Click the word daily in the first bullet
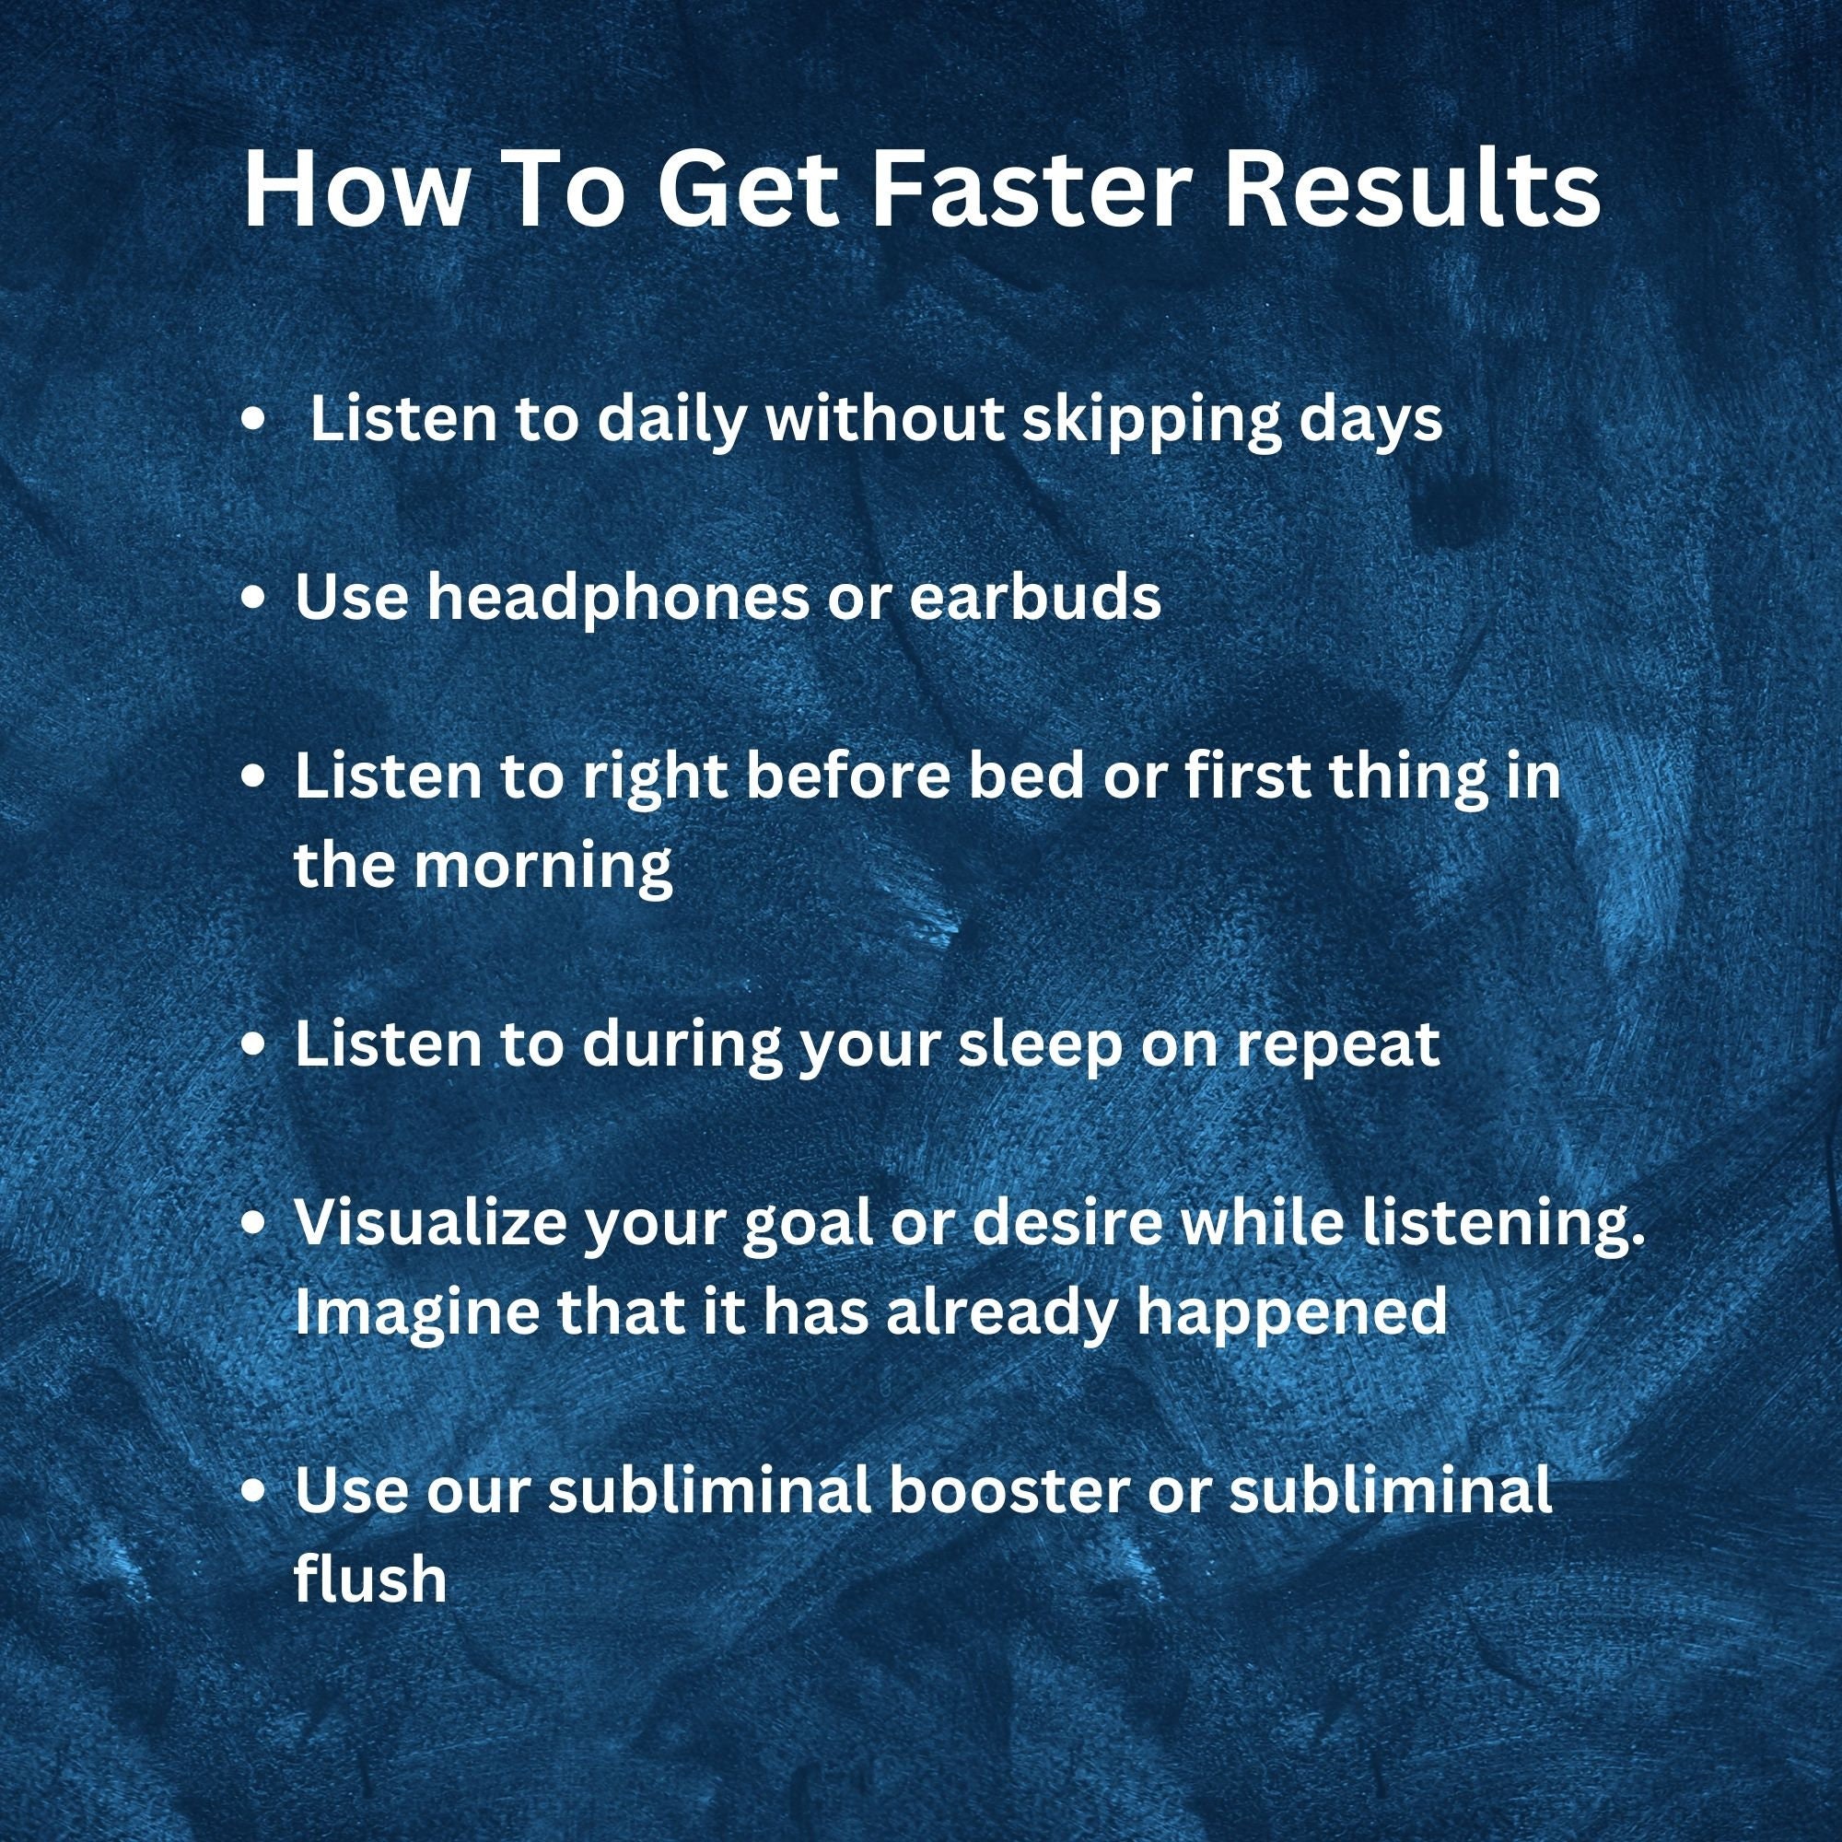click(670, 421)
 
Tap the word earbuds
click(1034, 598)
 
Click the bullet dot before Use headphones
click(253, 600)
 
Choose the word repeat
click(1336, 1046)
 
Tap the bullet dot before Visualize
click(253, 1224)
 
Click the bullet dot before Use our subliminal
click(253, 1493)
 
